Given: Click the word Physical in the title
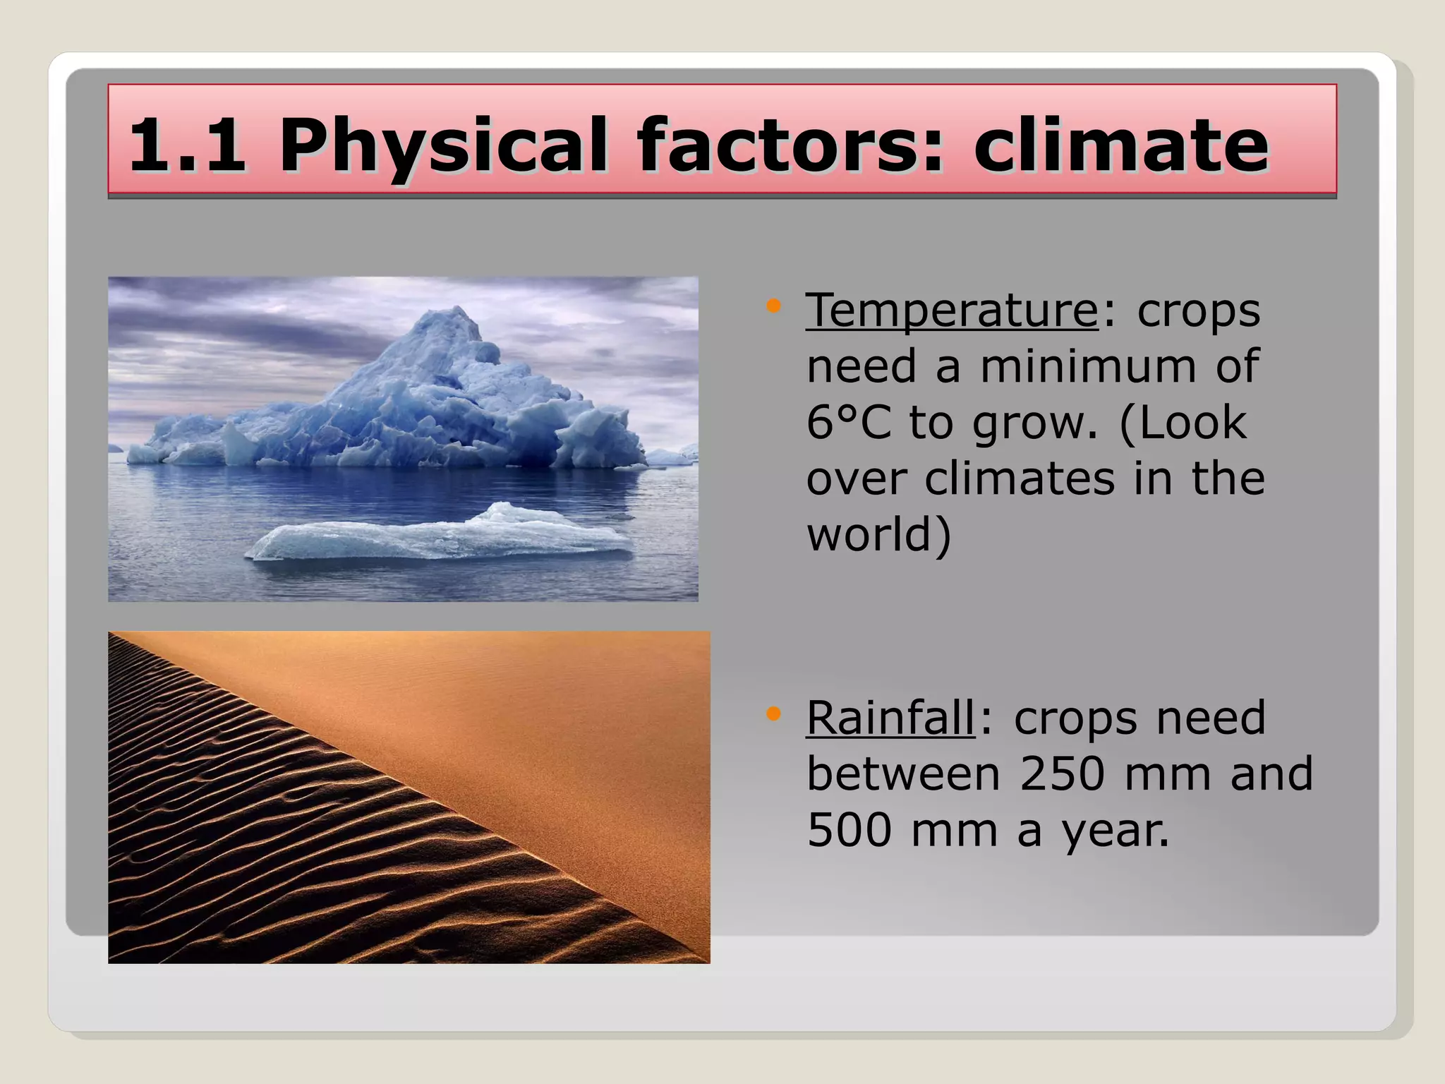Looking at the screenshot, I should pos(442,145).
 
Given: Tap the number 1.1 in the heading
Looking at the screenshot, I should pos(188,145).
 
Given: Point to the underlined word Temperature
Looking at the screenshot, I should pos(952,310).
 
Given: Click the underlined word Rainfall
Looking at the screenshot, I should pos(890,718).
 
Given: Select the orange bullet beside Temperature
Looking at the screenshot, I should pos(774,306).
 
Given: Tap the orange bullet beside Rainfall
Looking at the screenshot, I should pos(774,714).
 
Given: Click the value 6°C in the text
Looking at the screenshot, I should pos(849,422).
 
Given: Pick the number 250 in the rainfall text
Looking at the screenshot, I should pos(1062,774).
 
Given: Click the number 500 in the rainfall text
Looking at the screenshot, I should pos(849,830).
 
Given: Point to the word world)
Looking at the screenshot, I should pos(878,535).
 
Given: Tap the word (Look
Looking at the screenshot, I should pos(1183,422).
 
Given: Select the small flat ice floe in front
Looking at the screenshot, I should pos(437,536).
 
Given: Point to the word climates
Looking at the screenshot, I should pos(1020,478).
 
